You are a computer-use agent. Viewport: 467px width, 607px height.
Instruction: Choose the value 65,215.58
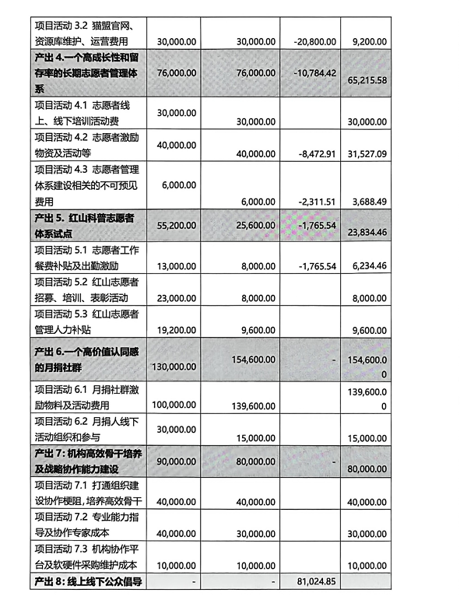coord(370,80)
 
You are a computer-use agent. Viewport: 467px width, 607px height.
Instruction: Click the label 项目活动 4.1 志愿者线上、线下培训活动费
coord(86,111)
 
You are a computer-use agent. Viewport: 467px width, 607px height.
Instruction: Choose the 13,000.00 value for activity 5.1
coord(176,265)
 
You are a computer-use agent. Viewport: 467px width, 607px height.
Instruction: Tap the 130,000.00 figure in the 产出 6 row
coord(172,366)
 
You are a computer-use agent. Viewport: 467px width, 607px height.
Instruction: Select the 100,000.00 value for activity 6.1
coord(173,405)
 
